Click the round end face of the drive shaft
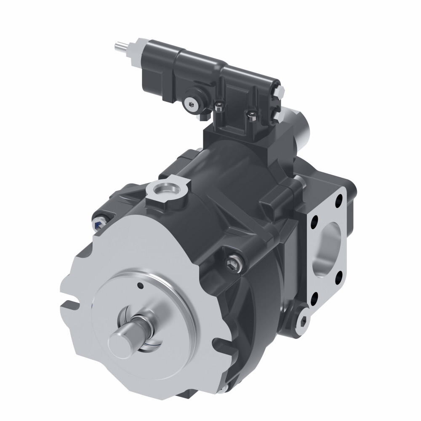[x=120, y=340]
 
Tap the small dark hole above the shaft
[x=140, y=286]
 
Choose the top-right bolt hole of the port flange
[x=338, y=206]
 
